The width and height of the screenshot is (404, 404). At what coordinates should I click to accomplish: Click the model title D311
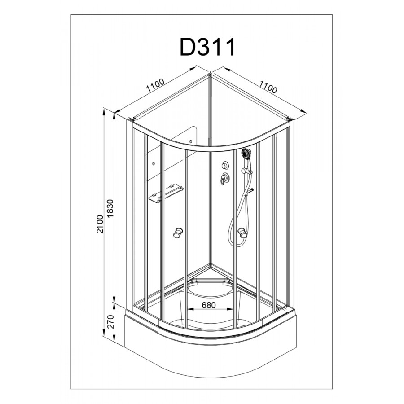(207, 47)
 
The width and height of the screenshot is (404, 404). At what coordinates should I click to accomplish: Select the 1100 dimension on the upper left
(155, 86)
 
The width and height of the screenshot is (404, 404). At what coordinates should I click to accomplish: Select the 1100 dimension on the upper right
(268, 87)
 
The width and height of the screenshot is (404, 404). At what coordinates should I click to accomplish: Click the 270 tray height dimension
(110, 321)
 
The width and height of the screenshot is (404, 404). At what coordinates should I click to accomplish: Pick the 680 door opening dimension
(208, 305)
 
